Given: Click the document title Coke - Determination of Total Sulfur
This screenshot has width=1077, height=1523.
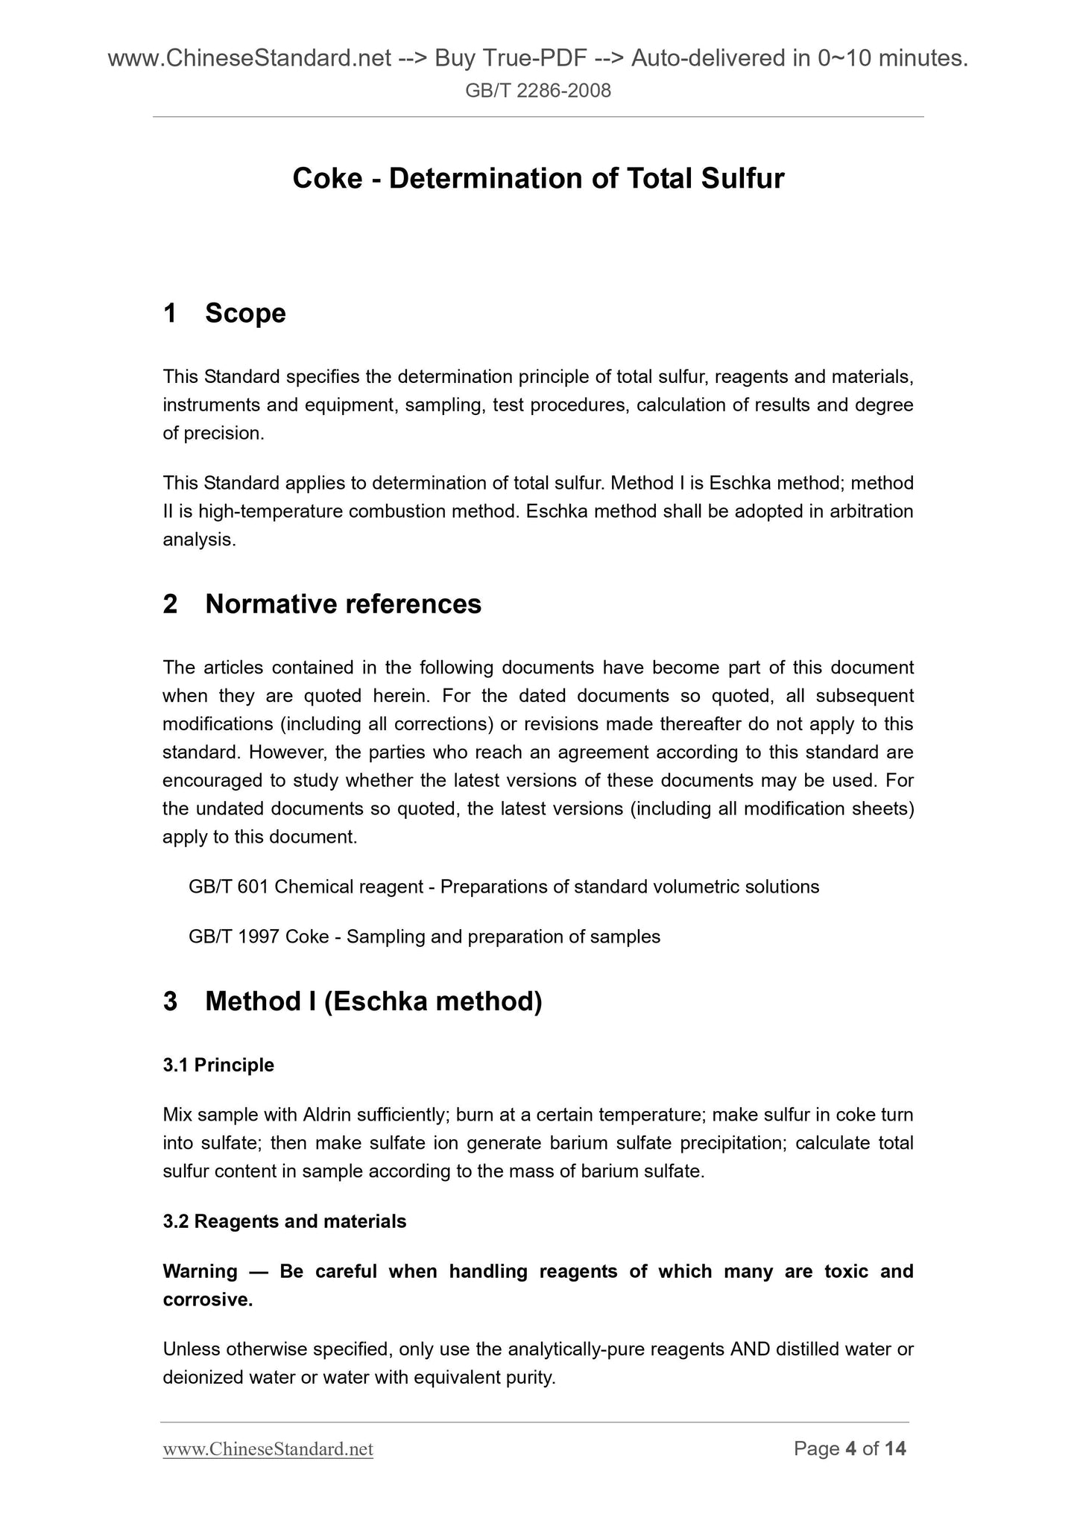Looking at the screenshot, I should pos(538,179).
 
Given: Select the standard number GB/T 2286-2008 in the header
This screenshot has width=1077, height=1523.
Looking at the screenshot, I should pos(538,91).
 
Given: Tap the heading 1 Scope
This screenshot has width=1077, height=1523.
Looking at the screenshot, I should pos(224,313).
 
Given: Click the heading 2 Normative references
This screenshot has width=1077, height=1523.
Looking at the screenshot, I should pos(322,604).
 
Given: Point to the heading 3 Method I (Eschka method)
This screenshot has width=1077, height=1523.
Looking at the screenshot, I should pos(352,1001).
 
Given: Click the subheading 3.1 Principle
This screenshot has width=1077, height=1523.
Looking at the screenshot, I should pos(218,1065).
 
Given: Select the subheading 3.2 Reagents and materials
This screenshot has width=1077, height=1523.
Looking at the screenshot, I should pos(285,1221).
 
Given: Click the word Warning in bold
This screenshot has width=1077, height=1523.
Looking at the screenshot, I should pos(200,1271).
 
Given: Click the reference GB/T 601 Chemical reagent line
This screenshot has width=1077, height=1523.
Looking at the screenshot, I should pos(504,887).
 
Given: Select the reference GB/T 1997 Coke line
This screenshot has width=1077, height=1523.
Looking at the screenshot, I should pos(424,937).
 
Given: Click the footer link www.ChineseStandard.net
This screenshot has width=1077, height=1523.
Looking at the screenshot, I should pos(268,1448).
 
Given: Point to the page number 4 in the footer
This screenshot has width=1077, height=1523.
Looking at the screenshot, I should pos(850,1448).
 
